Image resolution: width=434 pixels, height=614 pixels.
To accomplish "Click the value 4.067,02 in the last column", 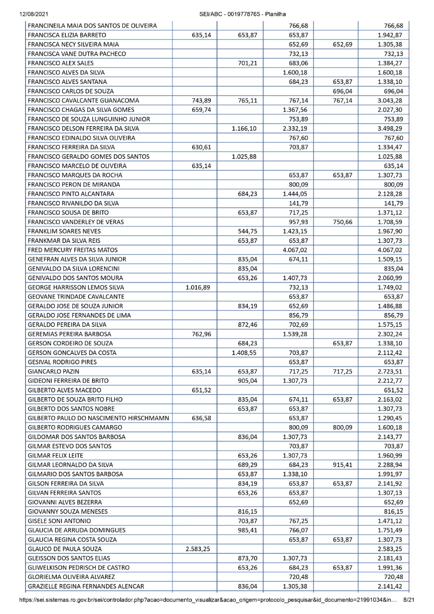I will [390, 249].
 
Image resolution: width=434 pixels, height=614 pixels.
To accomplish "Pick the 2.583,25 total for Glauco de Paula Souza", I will [390, 548].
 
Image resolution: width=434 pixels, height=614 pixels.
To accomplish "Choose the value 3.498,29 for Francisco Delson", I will [390, 128].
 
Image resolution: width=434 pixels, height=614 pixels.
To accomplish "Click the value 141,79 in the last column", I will [393, 202].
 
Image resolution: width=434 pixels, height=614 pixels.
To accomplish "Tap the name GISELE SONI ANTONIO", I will [60, 520].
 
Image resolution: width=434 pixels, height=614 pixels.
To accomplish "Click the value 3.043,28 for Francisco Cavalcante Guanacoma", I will [390, 100].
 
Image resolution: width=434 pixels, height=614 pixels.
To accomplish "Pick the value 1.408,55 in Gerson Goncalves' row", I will [248, 352].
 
